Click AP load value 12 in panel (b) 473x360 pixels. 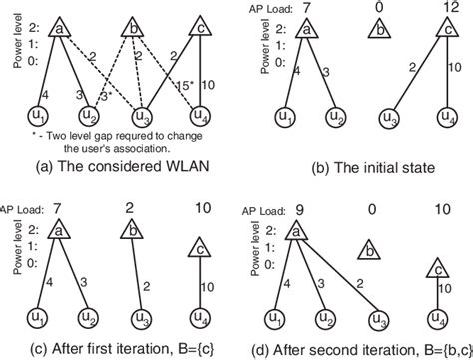[440, 8]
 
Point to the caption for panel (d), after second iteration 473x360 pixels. [354, 348]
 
